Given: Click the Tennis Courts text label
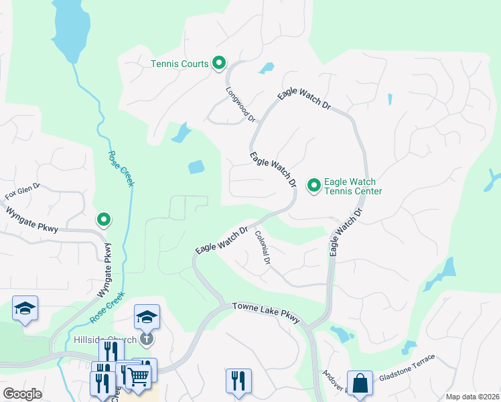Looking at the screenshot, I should tap(180, 64).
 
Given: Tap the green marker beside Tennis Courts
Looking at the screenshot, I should tap(219, 63).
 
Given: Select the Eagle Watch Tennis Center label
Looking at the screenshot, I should tap(353, 186).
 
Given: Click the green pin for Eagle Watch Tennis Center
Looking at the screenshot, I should tap(313, 185).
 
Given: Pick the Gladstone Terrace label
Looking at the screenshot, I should tap(407, 368).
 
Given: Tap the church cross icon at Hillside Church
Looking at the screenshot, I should tap(147, 339).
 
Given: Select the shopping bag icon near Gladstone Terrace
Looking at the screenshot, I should tap(360, 383).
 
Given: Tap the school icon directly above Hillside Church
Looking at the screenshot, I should tap(147, 316).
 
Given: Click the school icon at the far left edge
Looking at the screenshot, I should tap(25, 308).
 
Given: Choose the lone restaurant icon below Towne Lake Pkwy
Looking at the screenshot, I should tap(238, 381).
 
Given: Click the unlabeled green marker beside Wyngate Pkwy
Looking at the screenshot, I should tap(104, 219).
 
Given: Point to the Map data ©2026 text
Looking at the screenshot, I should tap(472, 397).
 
